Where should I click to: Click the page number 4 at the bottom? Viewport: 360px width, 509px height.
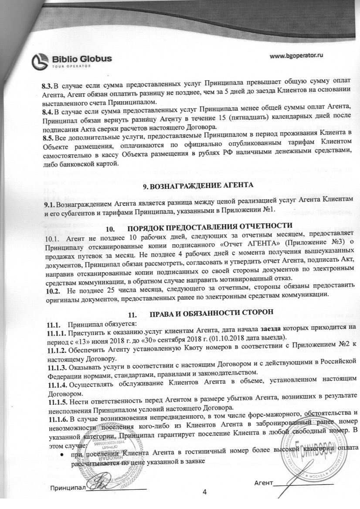coord(205,492)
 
